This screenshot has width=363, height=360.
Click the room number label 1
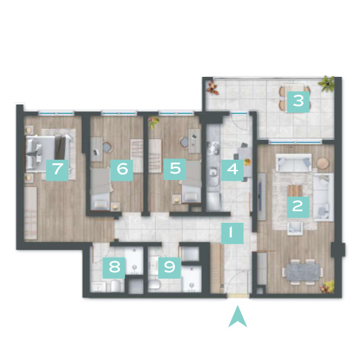232,233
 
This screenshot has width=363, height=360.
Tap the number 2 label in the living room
298,207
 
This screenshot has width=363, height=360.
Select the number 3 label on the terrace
298,102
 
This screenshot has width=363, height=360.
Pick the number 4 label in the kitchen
232,170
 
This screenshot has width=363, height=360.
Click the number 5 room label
175,169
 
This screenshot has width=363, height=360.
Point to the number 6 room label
122,170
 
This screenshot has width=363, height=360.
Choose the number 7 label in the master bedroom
57,170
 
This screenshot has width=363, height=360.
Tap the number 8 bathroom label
114,268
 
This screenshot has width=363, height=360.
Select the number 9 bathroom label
169,268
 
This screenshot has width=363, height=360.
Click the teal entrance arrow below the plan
237,316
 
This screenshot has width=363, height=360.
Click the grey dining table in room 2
303,272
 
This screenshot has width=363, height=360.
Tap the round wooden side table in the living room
322,163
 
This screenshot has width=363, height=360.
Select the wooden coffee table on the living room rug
295,191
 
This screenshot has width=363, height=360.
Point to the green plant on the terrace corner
327,83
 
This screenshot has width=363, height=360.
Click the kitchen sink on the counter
213,173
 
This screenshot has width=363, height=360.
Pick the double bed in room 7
49,152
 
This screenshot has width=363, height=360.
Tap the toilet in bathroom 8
116,286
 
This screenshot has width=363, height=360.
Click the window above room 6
118,112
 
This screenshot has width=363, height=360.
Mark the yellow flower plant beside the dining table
327,287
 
